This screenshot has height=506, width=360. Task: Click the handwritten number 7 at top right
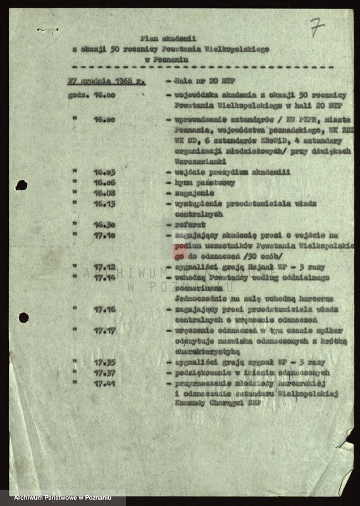click(x=317, y=27)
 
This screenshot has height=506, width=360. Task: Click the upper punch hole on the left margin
click(x=21, y=185)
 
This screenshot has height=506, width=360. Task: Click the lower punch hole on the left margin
click(x=23, y=317)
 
